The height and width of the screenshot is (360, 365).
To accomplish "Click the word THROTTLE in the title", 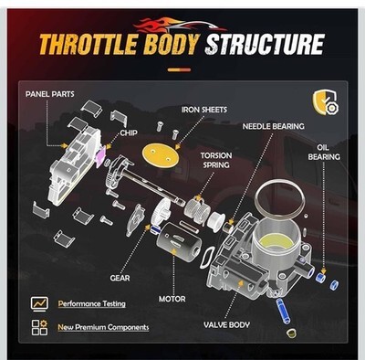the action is click(89, 45).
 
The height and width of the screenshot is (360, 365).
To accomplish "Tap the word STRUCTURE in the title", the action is click(265, 45).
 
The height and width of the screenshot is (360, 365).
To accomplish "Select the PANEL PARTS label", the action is click(50, 94).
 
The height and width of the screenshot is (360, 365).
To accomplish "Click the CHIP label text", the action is click(129, 133).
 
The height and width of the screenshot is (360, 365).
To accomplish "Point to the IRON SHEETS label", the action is click(204, 110).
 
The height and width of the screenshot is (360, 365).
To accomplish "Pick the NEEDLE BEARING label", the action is click(273, 126).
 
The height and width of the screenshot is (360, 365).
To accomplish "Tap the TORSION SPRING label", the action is click(216, 161).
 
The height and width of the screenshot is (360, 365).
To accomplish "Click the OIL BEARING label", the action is click(324, 153).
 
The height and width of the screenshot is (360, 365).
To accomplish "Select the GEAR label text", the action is click(120, 278).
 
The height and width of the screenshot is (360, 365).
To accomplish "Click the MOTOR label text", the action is click(172, 299).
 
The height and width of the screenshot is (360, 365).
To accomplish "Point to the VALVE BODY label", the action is click(226, 325).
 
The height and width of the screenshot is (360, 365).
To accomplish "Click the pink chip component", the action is click(101, 156).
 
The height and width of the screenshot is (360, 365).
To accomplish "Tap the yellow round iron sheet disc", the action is click(161, 154).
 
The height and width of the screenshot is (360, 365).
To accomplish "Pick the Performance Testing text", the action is click(91, 304).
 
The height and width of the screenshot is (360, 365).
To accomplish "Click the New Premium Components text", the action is click(103, 327).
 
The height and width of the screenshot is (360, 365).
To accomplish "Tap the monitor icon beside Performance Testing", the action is click(39, 303).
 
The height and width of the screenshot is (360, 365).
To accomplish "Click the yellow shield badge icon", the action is click(326, 102).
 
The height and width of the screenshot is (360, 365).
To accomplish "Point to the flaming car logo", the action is click(181, 26).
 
